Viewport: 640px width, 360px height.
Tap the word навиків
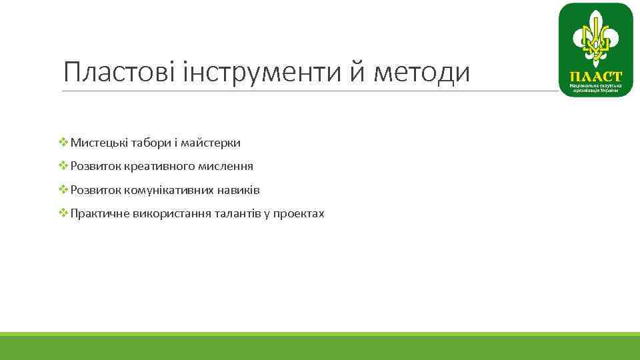pyautogui.click(x=238, y=191)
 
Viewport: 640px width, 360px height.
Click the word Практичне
pyautogui.click(x=100, y=214)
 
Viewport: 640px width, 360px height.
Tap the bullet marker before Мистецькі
pyautogui.click(x=64, y=142)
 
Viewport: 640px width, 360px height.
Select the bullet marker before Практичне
pyautogui.click(x=64, y=213)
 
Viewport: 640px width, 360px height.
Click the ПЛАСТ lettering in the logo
pyautogui.click(x=595, y=77)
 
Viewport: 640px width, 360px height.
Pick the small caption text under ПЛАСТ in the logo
pyautogui.click(x=595, y=89)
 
